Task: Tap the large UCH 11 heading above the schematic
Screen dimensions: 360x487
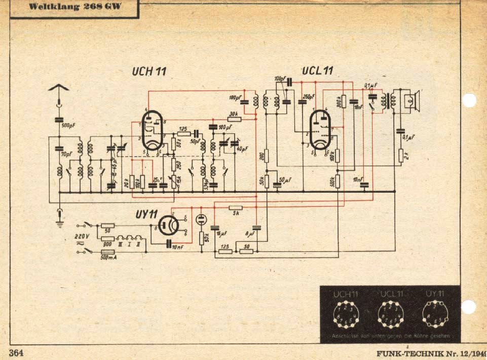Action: point(149,71)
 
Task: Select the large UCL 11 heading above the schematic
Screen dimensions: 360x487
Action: point(317,70)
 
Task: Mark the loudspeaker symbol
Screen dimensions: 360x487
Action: point(411,101)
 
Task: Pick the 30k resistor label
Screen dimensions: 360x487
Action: point(234,114)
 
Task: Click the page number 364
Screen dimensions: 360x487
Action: point(16,352)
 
